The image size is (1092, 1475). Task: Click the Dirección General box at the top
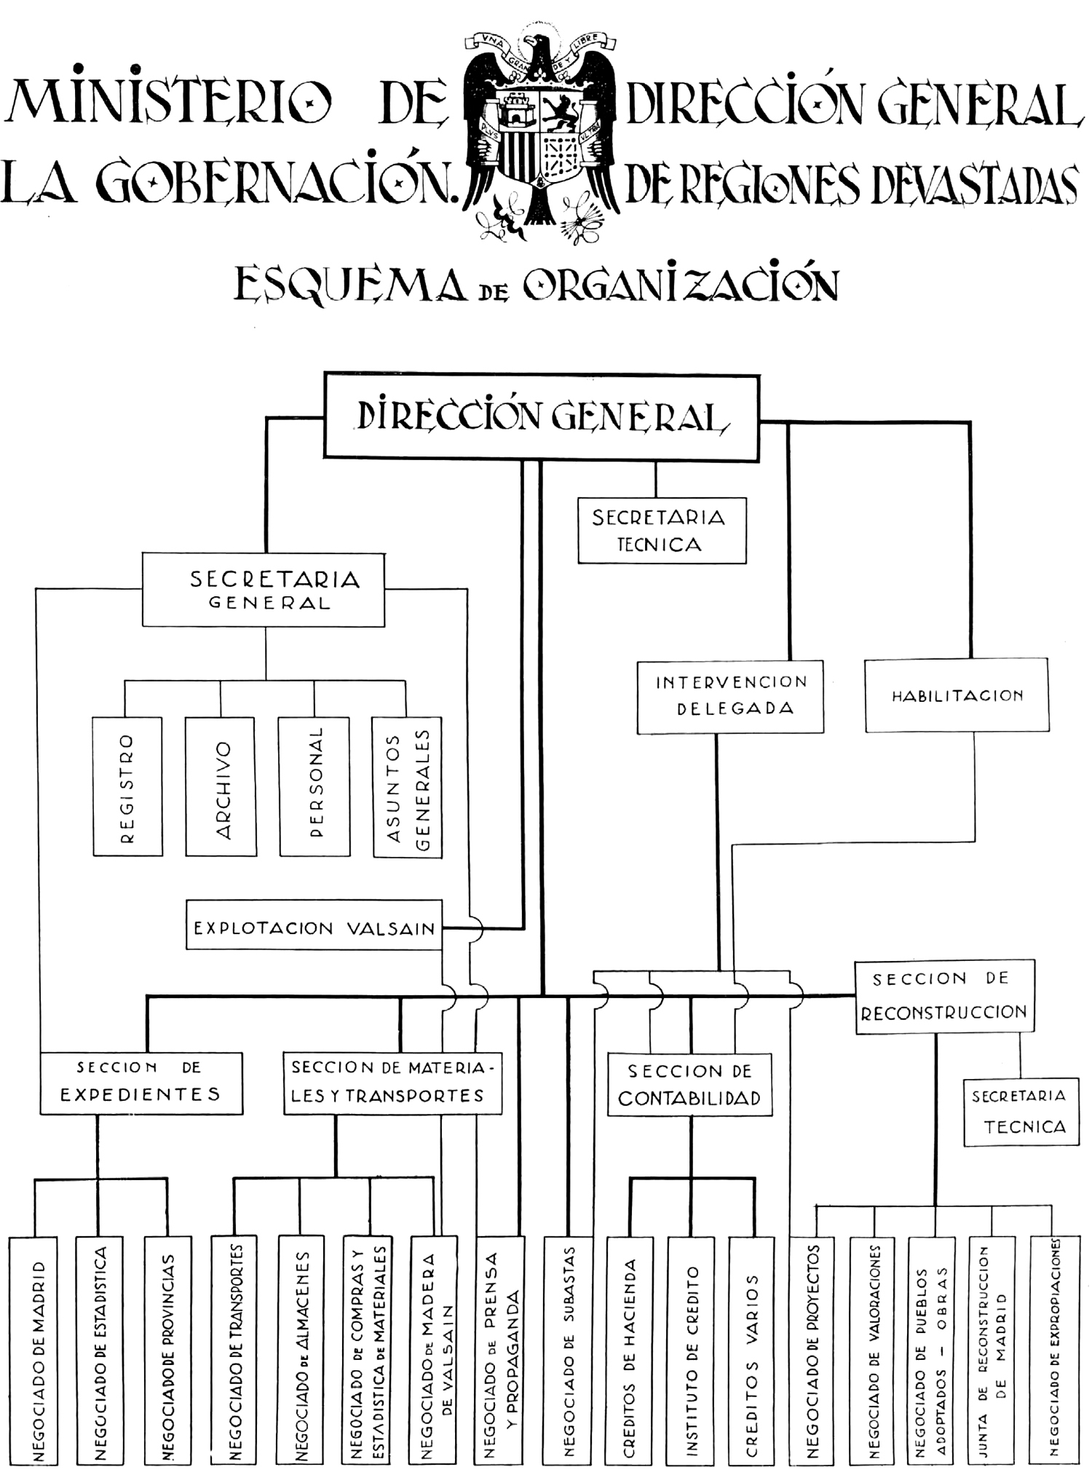pos(542,416)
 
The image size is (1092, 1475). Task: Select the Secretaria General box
pos(264,590)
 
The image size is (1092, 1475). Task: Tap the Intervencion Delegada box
pos(730,696)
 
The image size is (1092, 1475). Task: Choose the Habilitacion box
pos(957,695)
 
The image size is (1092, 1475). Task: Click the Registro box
pos(127,786)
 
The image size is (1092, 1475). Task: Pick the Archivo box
pos(221,786)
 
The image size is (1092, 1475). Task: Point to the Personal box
pos(314,786)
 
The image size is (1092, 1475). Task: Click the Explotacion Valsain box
pos(314,925)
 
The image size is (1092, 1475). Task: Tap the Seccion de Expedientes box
pos(141,1083)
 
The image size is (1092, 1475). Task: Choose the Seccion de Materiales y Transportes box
pos(392,1083)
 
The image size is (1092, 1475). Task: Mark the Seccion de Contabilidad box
pos(689,1085)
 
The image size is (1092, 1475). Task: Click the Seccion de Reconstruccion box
pos(944,996)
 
